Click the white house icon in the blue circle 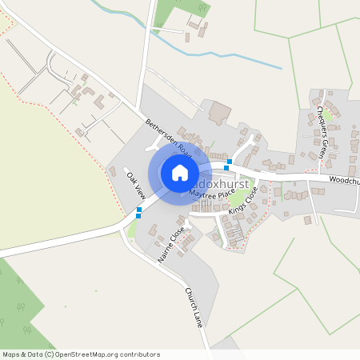[x=180, y=173]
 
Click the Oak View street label [x=134, y=186]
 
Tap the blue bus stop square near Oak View [x=139, y=212]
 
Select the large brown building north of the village [x=218, y=113]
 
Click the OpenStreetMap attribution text [x=81, y=354]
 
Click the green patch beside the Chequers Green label [x=328, y=116]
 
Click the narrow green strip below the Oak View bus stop [x=132, y=230]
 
